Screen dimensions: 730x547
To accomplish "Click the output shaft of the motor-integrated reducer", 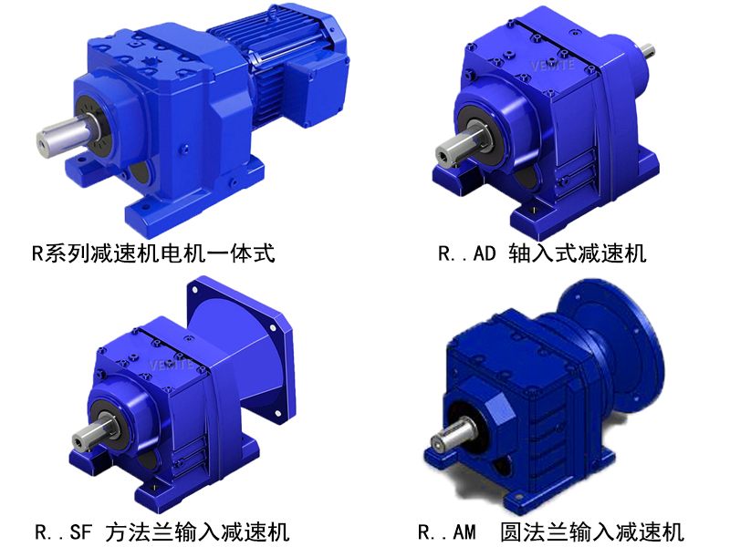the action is [65, 136].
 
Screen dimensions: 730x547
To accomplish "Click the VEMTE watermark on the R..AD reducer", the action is [553, 65].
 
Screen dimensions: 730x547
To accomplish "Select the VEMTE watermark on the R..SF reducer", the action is [171, 363].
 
